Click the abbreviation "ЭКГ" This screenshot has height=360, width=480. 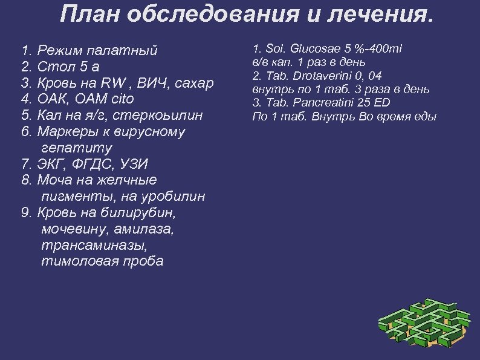coord(53,163)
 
